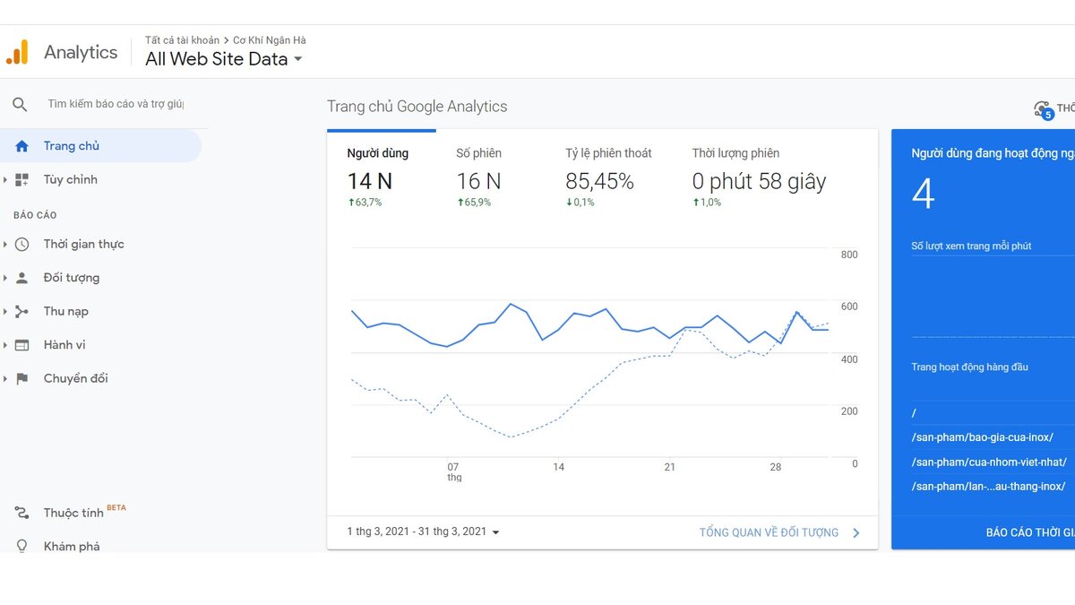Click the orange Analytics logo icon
[x=17, y=52]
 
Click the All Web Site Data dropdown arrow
[x=298, y=59]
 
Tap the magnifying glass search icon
[x=20, y=104]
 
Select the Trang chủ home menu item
[x=71, y=146]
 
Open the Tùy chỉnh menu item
[x=70, y=179]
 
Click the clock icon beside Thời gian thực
[x=21, y=245]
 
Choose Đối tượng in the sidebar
[x=72, y=278]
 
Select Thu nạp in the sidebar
[x=65, y=312]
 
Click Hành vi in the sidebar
[x=64, y=345]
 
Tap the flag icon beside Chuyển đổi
[x=22, y=379]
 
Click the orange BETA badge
[x=116, y=507]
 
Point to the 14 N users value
[x=369, y=181]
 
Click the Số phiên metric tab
[x=478, y=153]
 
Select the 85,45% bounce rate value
[x=599, y=181]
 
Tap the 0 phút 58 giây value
[x=759, y=181]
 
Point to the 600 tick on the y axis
[x=849, y=307]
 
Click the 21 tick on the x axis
[x=669, y=467]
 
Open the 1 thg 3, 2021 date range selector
[x=423, y=532]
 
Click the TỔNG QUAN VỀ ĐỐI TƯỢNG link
[x=769, y=532]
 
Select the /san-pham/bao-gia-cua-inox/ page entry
[x=983, y=437]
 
